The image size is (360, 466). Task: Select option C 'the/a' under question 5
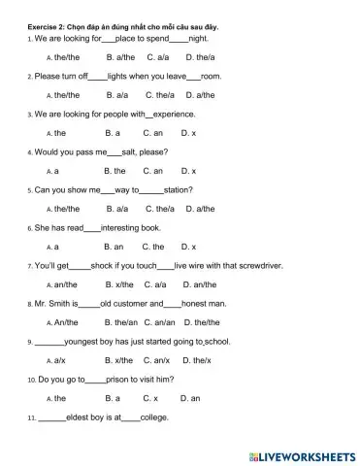[x=159, y=209]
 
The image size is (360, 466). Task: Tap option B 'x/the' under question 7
[x=117, y=284]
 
